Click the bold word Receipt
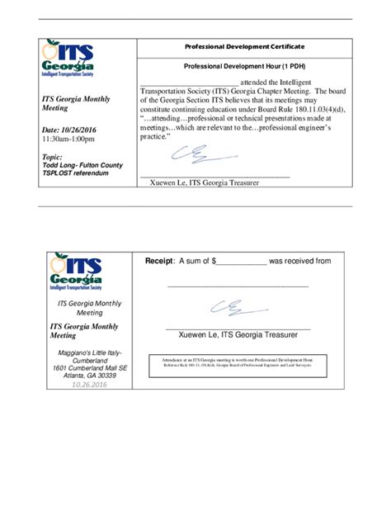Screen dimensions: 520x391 coord(159,261)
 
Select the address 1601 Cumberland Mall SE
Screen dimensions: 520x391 coord(89,367)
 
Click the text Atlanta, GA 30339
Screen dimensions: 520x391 coord(89,376)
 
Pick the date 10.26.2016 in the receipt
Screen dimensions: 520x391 coord(89,385)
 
